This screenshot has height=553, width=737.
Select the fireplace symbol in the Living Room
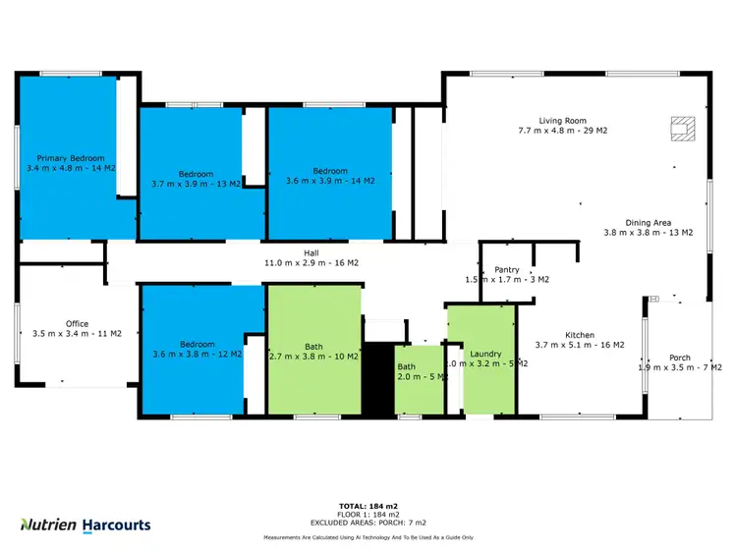pyautogui.click(x=680, y=127)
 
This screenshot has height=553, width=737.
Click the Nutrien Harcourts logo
pyautogui.click(x=86, y=525)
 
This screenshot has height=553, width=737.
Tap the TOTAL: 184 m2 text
pyautogui.click(x=368, y=506)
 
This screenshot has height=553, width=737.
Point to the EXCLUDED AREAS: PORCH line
pyautogui.click(x=368, y=524)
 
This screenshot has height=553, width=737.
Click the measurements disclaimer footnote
pyautogui.click(x=368, y=538)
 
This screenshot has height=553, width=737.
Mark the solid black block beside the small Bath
pyautogui.click(x=377, y=378)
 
